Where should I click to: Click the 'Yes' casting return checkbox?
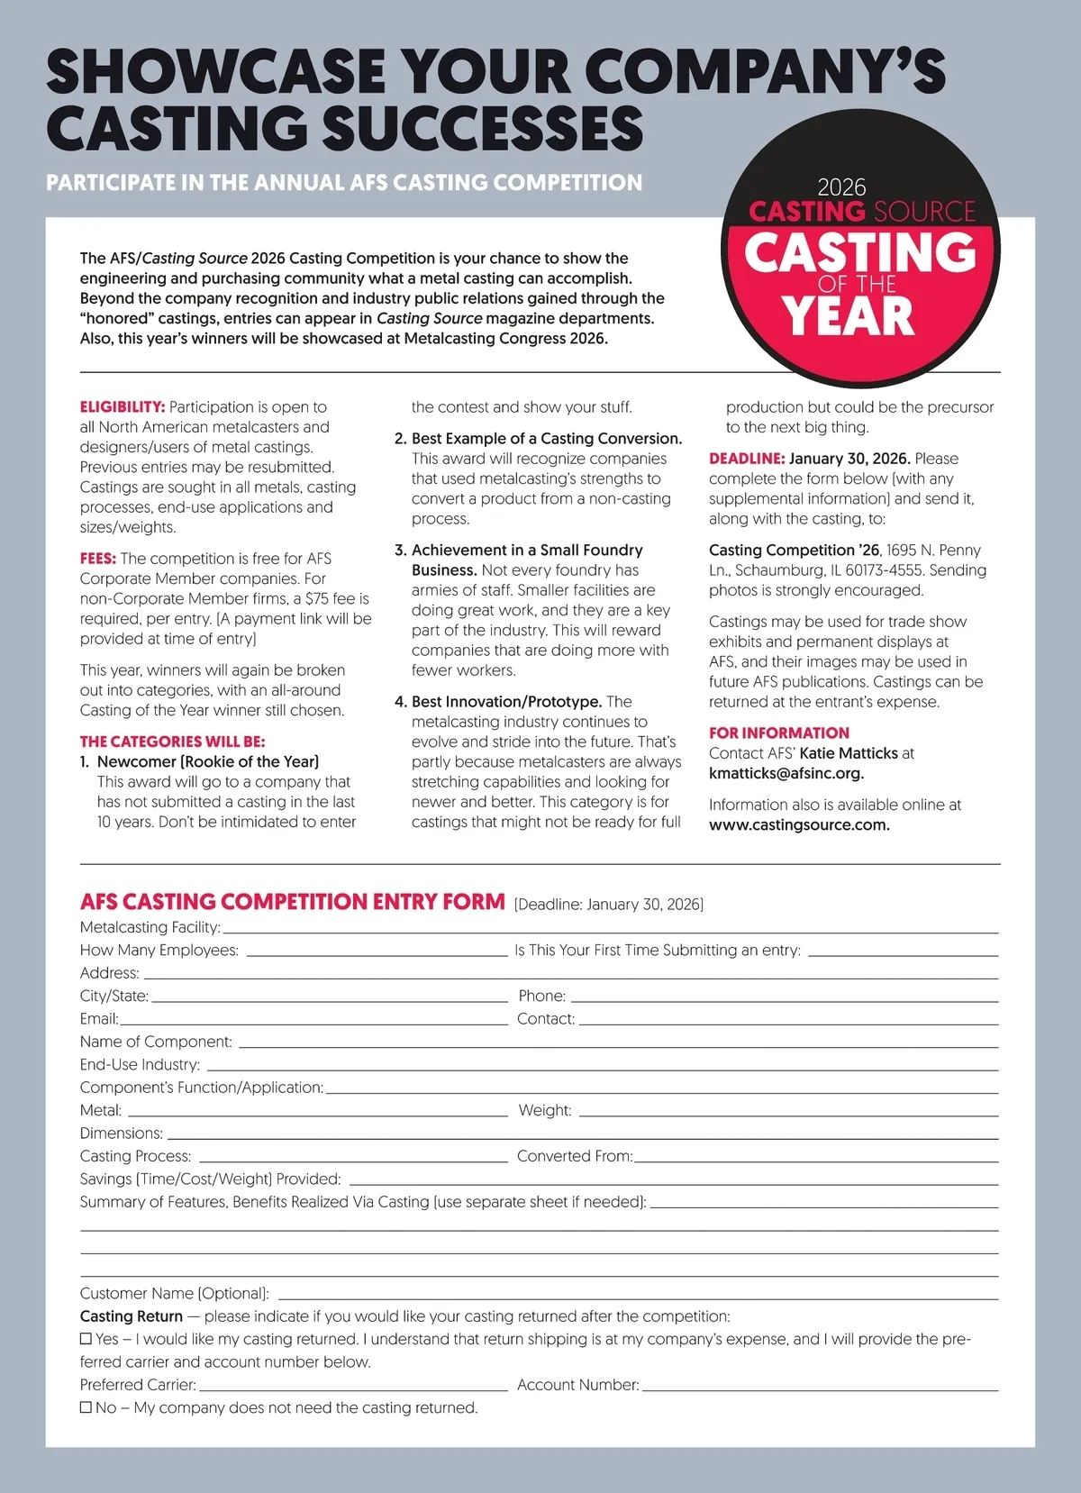tap(86, 1339)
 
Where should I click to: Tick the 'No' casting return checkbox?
tap(86, 1407)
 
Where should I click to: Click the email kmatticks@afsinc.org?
tap(786, 773)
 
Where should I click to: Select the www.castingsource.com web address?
tap(798, 824)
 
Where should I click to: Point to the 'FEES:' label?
tap(97, 559)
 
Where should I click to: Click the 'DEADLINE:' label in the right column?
tap(747, 459)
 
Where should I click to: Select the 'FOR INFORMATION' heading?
tap(778, 733)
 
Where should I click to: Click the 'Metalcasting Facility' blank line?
tap(610, 928)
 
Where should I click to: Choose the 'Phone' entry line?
tap(784, 997)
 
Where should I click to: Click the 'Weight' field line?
tap(788, 1111)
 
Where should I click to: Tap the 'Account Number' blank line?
tap(820, 1386)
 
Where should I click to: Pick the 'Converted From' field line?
tap(816, 1157)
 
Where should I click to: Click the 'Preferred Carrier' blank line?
tap(352, 1386)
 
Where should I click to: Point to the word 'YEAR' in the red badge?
tap(848, 316)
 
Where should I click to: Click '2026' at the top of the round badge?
tap(841, 187)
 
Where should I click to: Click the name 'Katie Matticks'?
tap(848, 753)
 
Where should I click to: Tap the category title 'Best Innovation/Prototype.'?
tap(506, 702)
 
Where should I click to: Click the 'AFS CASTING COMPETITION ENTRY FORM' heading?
tap(292, 902)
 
